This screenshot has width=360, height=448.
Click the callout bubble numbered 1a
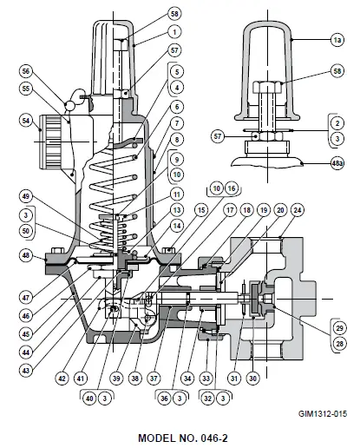tap(337, 40)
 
